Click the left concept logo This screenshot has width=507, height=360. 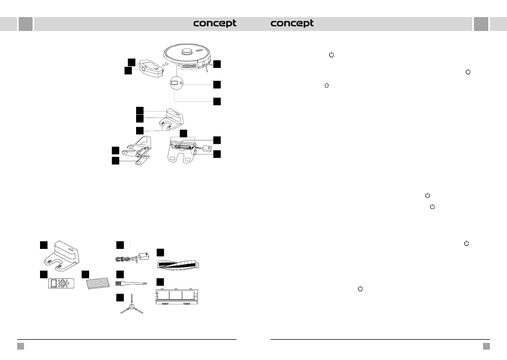pyautogui.click(x=215, y=24)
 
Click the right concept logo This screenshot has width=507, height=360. pyautogui.click(x=292, y=24)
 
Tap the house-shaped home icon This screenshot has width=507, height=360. pyautogui.click(x=326, y=85)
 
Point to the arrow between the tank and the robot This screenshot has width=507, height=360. pyautogui.click(x=165, y=65)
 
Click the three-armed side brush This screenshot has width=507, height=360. pyautogui.click(x=131, y=309)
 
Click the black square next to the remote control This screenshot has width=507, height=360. pyautogui.click(x=43, y=274)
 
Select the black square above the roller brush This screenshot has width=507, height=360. pyautogui.click(x=161, y=252)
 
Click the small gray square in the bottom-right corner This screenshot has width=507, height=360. pyautogui.click(x=486, y=346)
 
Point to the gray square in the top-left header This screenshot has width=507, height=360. pyautogui.click(x=25, y=24)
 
